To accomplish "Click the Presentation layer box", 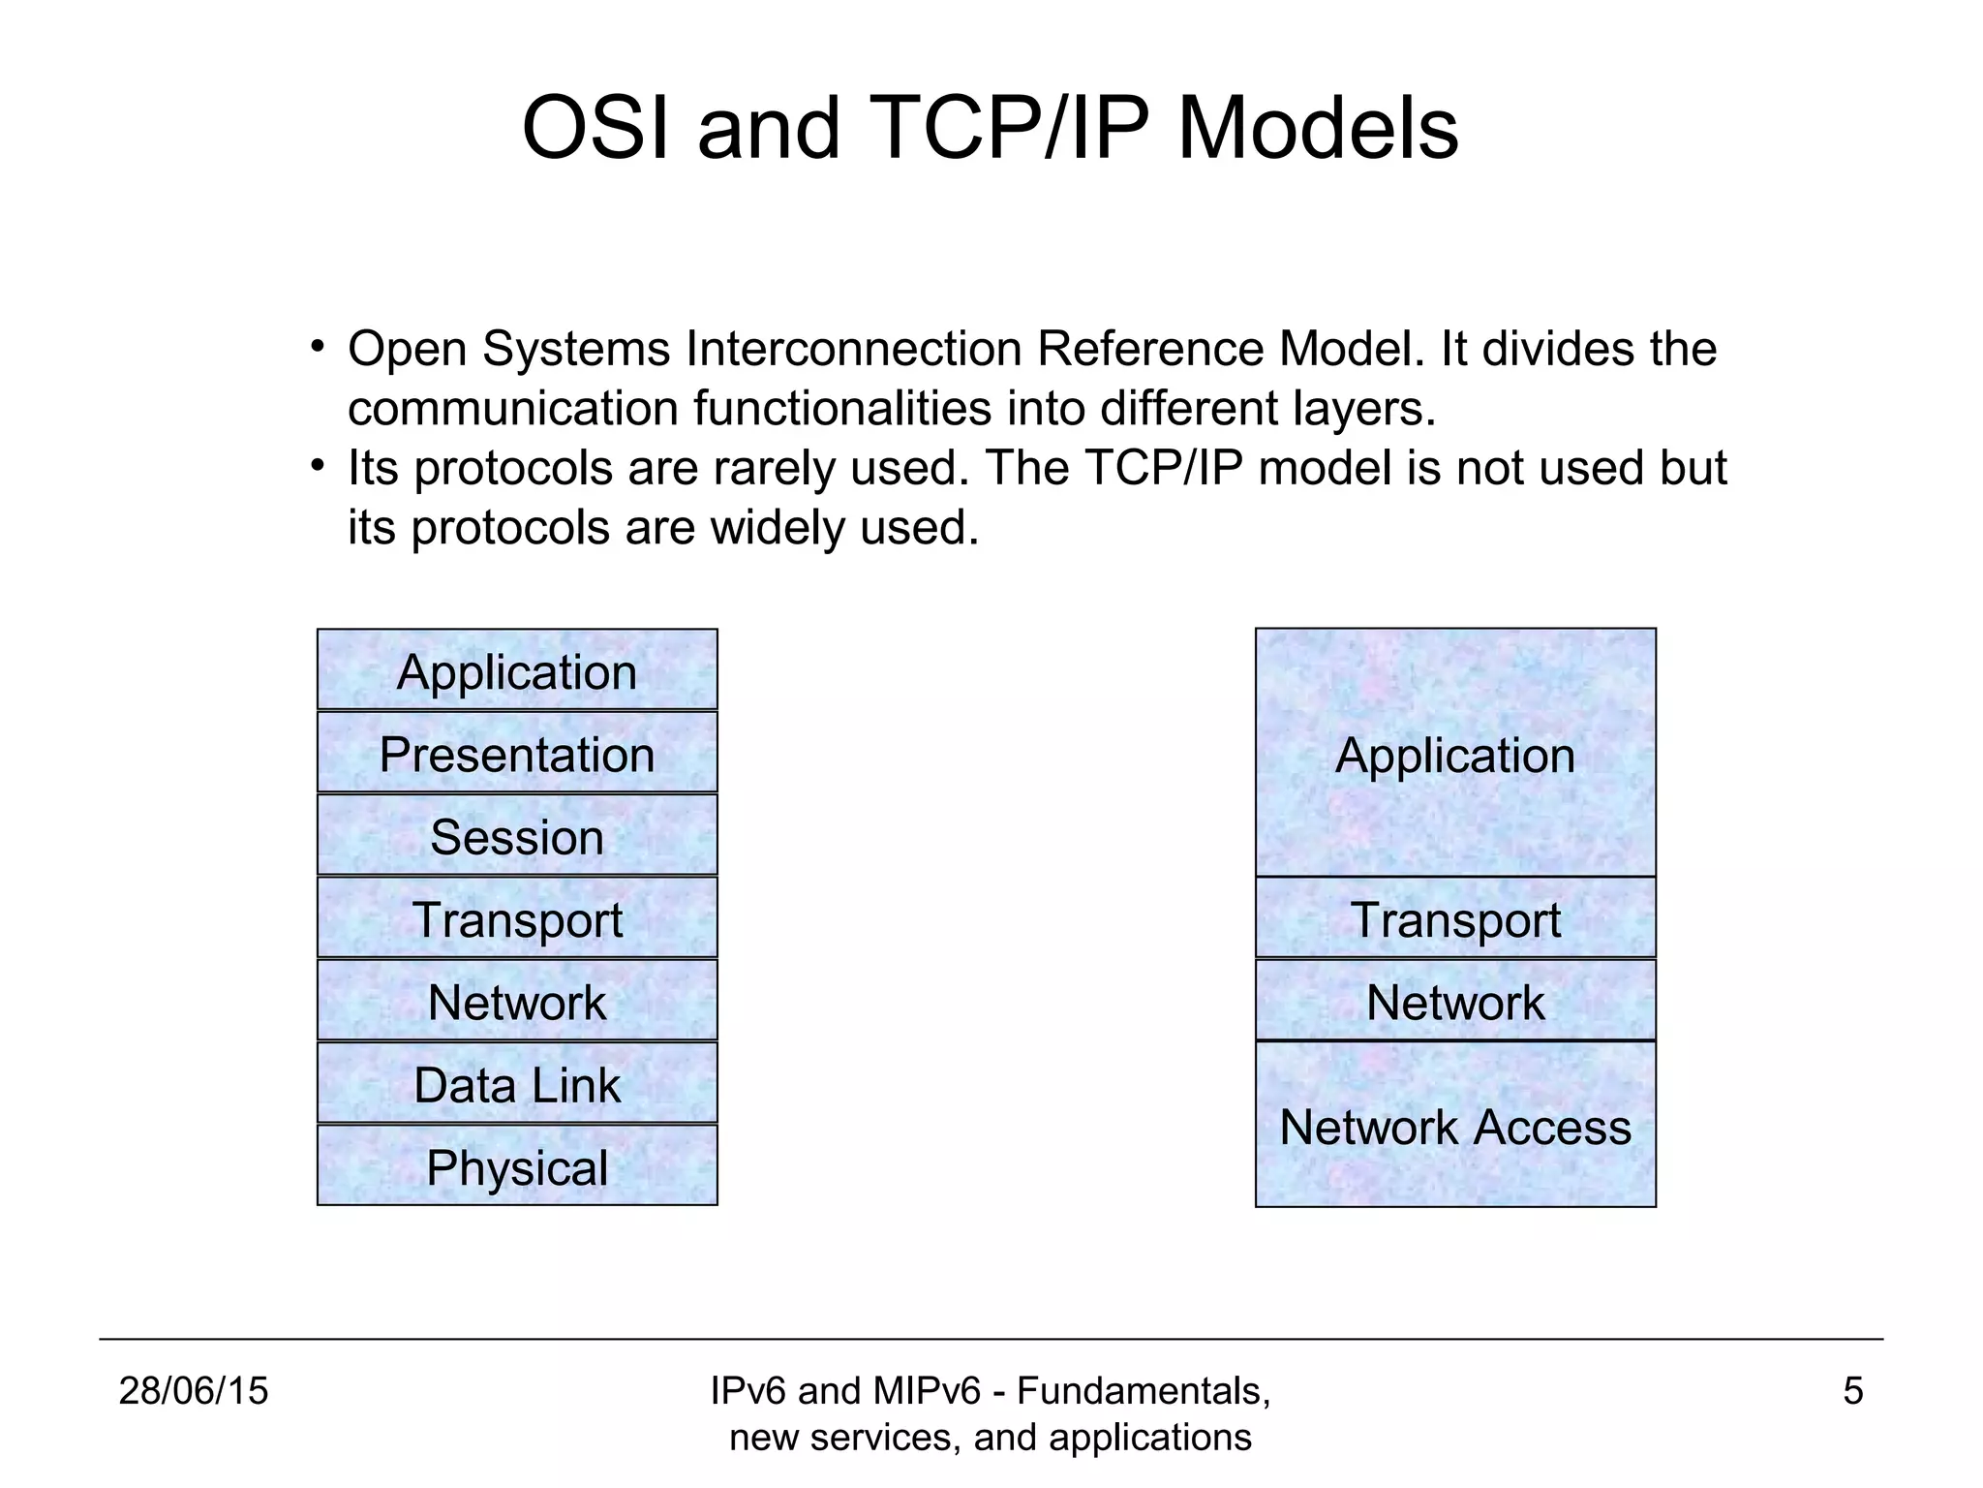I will click(x=517, y=754).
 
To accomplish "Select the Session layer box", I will click(x=517, y=836).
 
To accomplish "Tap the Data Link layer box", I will click(x=517, y=1084).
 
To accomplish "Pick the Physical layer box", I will click(x=517, y=1166).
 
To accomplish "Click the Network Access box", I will click(x=1455, y=1126).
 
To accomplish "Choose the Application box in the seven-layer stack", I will click(x=517, y=670).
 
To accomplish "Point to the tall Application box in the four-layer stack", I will click(x=1455, y=754).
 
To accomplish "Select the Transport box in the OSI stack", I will click(x=517, y=918).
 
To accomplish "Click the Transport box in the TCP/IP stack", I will click(x=1455, y=918).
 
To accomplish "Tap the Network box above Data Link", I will click(x=517, y=1002).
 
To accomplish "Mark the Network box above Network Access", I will click(x=1455, y=1002).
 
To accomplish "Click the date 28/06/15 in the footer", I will click(x=193, y=1391).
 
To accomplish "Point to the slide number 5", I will click(x=1852, y=1391).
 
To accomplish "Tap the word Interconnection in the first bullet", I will click(x=853, y=349).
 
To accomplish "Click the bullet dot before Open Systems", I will click(x=317, y=347).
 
